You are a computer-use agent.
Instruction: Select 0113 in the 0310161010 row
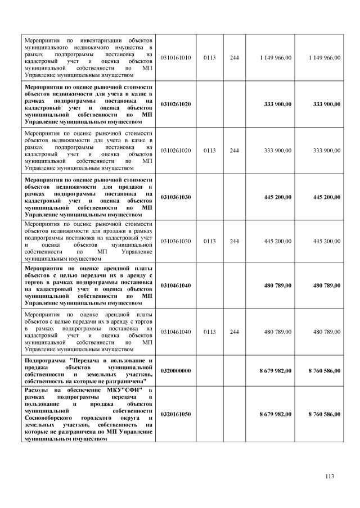pos(209,58)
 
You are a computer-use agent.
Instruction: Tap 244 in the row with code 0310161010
pos(235,58)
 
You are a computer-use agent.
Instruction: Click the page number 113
pos(330,477)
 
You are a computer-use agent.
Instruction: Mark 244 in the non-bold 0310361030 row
pos(235,241)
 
